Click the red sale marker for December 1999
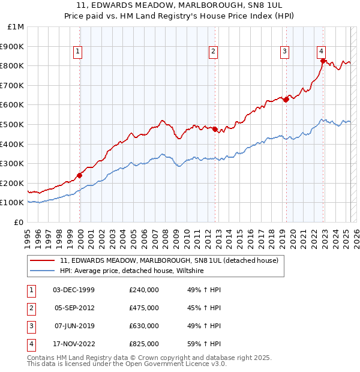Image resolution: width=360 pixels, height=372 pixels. click(x=80, y=175)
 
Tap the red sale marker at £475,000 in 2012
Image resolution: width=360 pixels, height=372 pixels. click(x=215, y=129)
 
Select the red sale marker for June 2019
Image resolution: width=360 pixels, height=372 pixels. click(x=286, y=99)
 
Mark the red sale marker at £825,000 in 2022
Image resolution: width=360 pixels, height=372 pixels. click(x=323, y=61)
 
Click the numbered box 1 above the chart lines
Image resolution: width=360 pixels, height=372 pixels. click(x=78, y=52)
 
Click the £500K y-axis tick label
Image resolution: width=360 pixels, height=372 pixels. click(x=13, y=124)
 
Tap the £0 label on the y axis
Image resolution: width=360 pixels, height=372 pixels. click(x=19, y=222)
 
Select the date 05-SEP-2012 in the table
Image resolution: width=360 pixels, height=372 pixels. click(x=74, y=308)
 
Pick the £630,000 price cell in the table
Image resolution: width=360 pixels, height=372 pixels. click(x=144, y=326)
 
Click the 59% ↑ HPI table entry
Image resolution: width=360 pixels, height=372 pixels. click(x=204, y=344)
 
